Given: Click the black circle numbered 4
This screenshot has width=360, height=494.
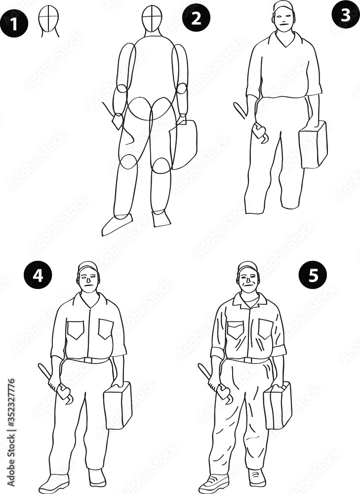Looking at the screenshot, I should pyautogui.click(x=38, y=275).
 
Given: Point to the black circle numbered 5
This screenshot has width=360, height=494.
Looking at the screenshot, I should pyautogui.click(x=314, y=275).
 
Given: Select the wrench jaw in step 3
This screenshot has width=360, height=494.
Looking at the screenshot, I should pyautogui.click(x=260, y=134).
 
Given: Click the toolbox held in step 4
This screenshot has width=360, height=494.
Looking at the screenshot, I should pyautogui.click(x=118, y=405).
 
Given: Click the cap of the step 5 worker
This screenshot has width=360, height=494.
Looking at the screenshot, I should pyautogui.click(x=247, y=267).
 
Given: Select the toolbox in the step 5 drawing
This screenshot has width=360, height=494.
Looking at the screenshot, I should pyautogui.click(x=278, y=406).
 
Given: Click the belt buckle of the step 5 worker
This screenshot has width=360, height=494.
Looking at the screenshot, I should pyautogui.click(x=249, y=360).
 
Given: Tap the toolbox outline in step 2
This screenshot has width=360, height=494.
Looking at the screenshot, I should pyautogui.click(x=183, y=144).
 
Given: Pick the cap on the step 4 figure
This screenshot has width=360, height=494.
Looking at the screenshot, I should pyautogui.click(x=88, y=266).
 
